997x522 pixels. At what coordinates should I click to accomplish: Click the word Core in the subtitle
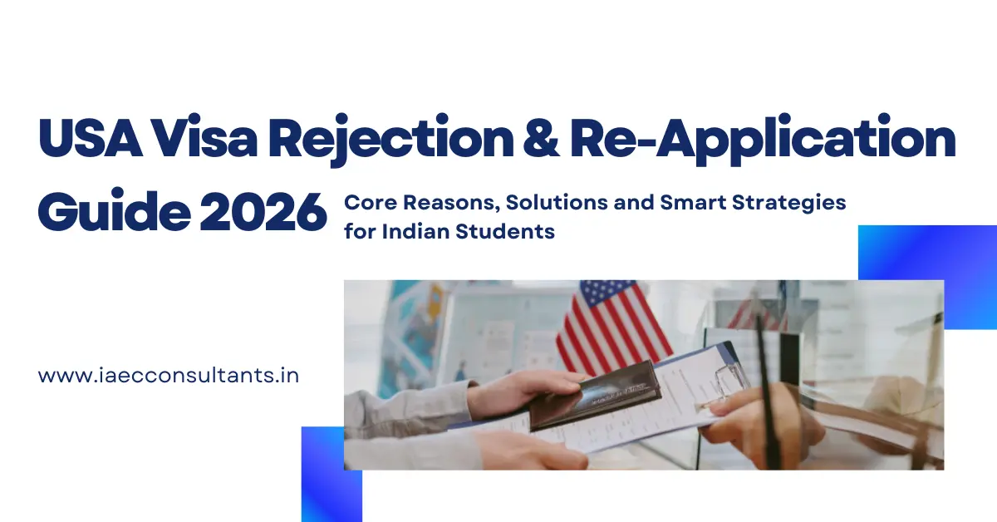(366, 202)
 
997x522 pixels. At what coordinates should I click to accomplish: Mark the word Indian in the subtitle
(415, 232)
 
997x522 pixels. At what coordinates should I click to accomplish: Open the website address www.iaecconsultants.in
(169, 375)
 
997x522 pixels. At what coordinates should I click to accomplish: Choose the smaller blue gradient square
(332, 474)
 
